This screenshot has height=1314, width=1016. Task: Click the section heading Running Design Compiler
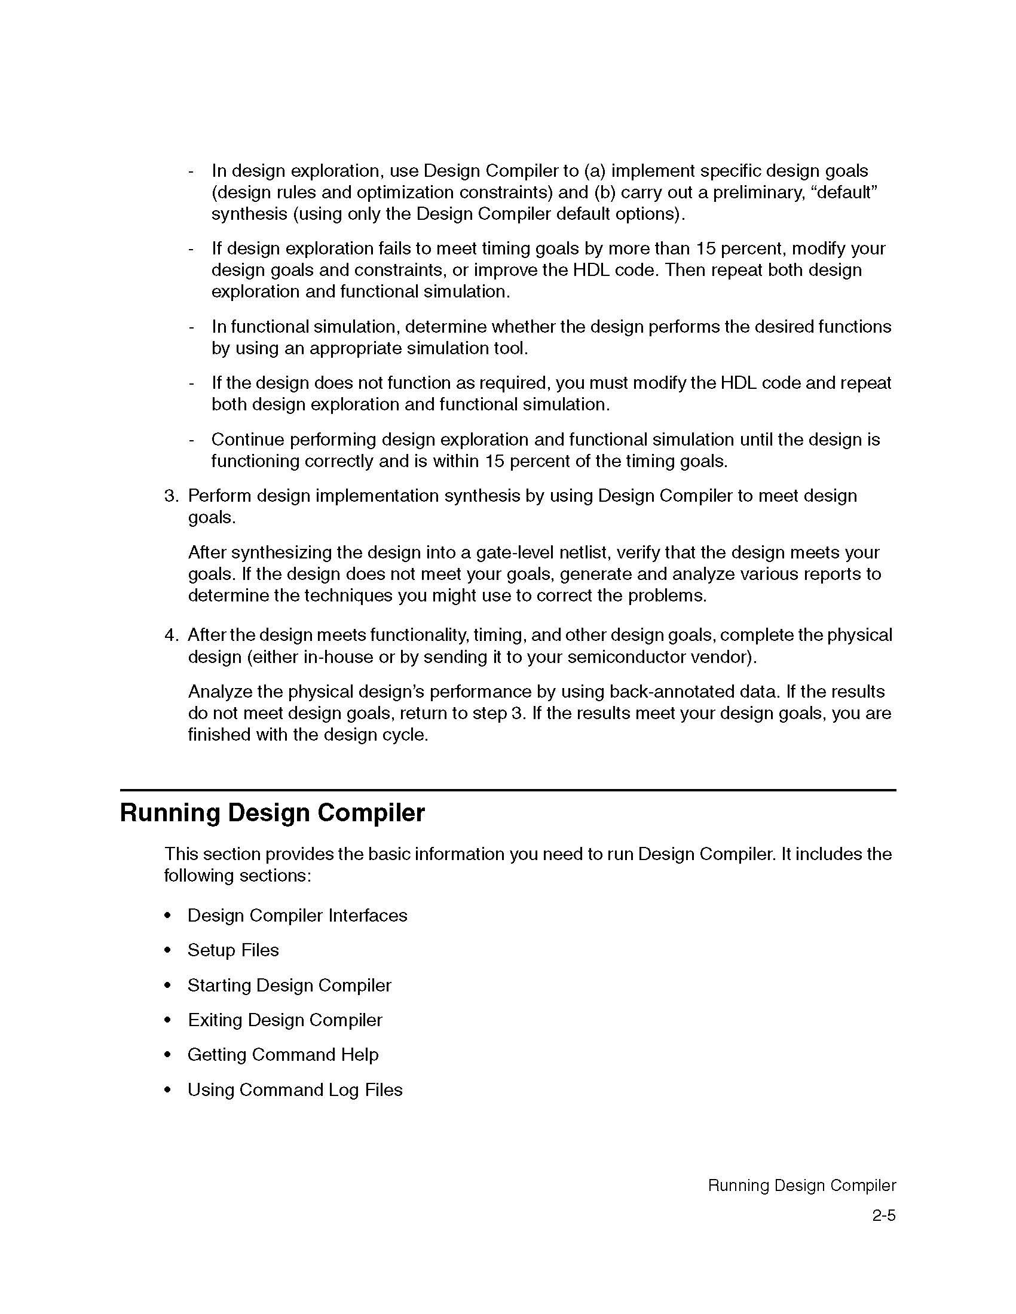(x=272, y=813)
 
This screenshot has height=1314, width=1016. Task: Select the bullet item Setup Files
(x=233, y=950)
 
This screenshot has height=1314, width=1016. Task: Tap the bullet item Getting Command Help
(x=283, y=1055)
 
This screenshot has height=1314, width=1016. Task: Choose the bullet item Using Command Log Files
(x=295, y=1089)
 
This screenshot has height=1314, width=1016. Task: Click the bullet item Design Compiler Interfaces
(x=298, y=915)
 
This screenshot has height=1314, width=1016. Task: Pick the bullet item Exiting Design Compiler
(x=284, y=1020)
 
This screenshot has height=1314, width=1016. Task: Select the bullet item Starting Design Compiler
(x=289, y=985)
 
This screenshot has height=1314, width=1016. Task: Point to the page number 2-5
(x=883, y=1215)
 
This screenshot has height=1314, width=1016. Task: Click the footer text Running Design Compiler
(x=801, y=1185)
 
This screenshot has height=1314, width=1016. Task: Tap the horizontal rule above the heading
(x=508, y=790)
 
